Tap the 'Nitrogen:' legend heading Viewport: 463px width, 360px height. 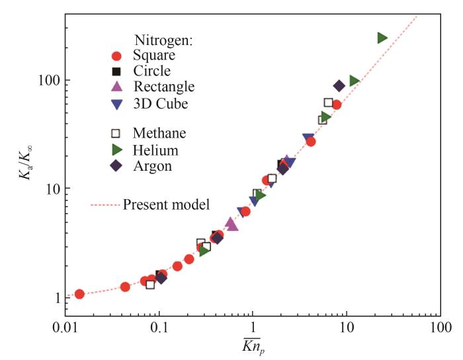point(163,40)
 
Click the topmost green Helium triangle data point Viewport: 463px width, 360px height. point(382,38)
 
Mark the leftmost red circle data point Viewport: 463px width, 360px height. point(79,294)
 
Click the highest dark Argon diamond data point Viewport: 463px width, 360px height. point(339,86)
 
